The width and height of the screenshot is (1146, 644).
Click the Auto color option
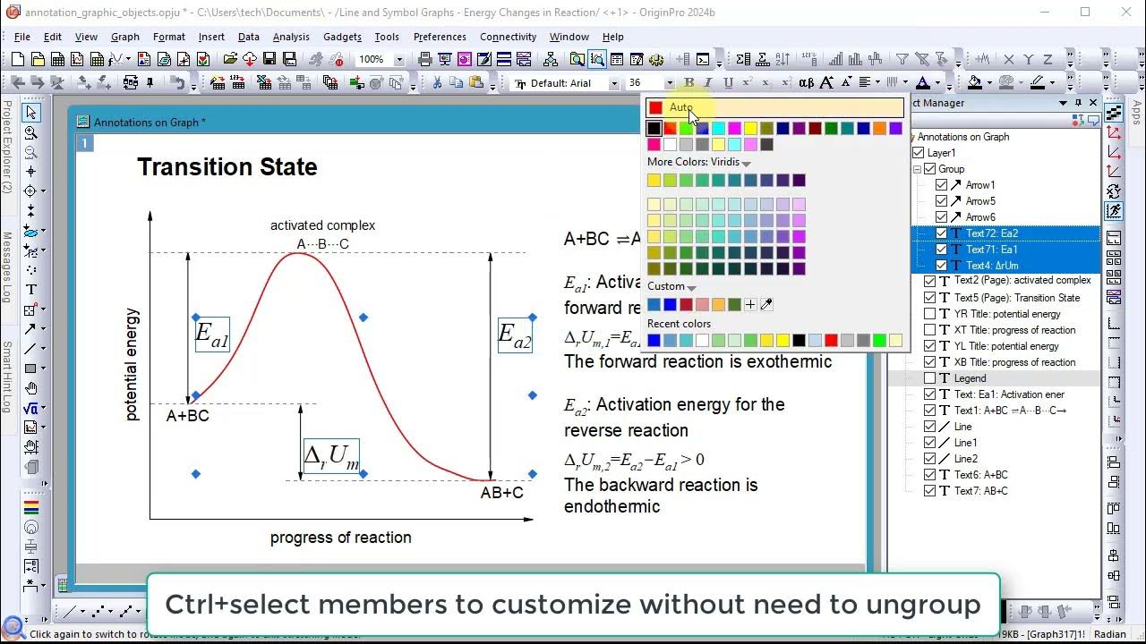pos(680,107)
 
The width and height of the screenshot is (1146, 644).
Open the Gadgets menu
pos(342,37)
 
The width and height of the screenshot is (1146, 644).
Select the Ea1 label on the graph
pos(212,335)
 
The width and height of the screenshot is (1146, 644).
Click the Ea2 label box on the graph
pos(515,335)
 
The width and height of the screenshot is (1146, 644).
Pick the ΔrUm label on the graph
pos(331,456)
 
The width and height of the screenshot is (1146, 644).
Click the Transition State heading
pos(227,167)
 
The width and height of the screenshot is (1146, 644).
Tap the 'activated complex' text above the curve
pos(322,225)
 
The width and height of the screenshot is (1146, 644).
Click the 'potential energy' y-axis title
pos(133,364)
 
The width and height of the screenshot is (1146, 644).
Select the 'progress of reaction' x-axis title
pos(341,538)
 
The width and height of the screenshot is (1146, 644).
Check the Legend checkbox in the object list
pos(929,378)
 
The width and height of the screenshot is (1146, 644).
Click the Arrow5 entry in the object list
pos(980,201)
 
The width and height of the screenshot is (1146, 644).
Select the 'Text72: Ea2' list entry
pos(991,233)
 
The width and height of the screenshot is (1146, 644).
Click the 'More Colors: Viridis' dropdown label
pos(698,163)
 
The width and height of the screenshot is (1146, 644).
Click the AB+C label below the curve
pos(502,493)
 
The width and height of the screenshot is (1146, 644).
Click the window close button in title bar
pos(1125,13)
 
